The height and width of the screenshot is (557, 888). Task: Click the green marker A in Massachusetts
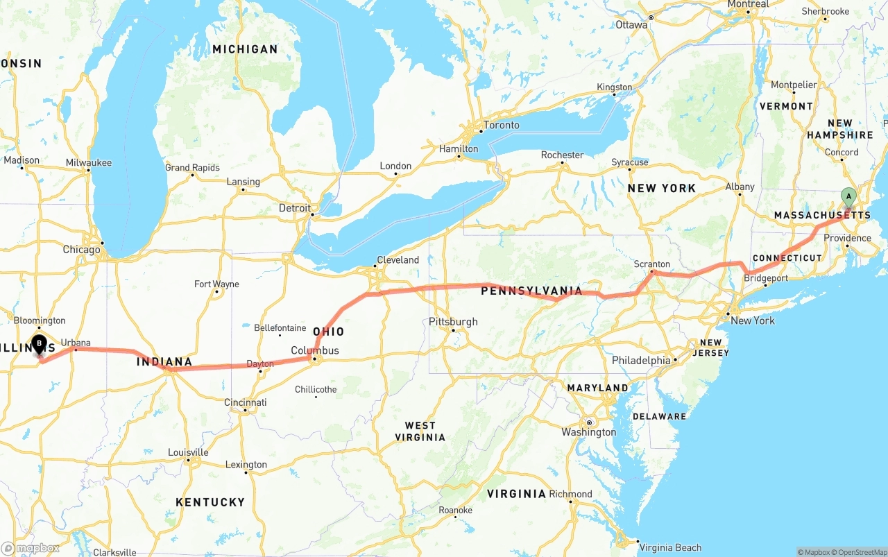848,196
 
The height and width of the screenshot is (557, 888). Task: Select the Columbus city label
315,350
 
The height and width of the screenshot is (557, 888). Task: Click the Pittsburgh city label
453,322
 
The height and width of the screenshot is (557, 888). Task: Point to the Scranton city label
651,264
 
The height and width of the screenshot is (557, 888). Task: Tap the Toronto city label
501,125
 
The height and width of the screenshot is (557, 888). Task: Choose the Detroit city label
295,208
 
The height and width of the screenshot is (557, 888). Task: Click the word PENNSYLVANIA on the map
531,291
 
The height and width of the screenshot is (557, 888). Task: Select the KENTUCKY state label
210,502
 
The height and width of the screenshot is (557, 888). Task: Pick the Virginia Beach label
670,548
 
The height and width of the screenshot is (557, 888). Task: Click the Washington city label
589,432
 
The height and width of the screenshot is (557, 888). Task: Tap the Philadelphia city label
641,361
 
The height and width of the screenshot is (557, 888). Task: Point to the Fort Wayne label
216,284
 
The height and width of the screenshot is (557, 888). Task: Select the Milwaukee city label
89,162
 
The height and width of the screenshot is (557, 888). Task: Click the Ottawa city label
631,25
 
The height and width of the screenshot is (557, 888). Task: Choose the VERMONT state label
786,106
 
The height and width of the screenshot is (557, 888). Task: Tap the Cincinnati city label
245,402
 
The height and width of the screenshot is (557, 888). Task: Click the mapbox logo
31,548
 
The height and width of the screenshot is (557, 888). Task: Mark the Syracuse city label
630,162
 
